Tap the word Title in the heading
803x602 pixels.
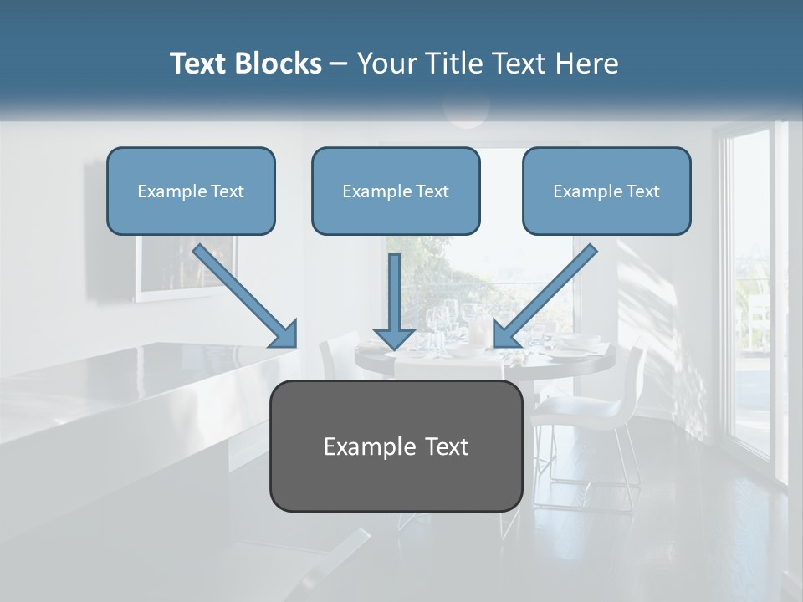[x=454, y=64]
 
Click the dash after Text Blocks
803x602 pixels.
[x=339, y=64]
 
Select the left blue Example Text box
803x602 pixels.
[x=191, y=191]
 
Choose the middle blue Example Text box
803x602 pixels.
[x=396, y=191]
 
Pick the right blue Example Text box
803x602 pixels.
[x=606, y=191]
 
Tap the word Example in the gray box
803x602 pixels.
[x=363, y=446]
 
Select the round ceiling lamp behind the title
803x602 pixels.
[x=466, y=109]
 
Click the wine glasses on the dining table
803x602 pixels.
[x=439, y=321]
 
